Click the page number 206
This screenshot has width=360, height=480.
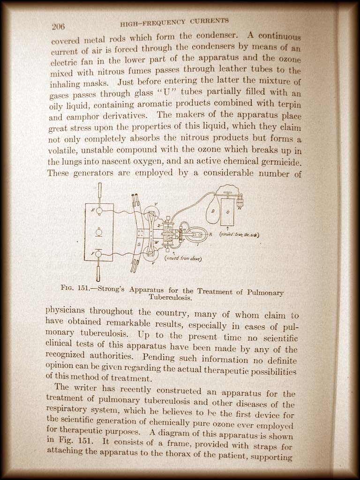(58, 26)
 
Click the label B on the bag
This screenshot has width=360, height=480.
(212, 211)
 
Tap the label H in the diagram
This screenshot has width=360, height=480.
(93, 210)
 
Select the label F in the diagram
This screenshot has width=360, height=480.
(93, 254)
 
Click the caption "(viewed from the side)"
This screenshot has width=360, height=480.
(240, 234)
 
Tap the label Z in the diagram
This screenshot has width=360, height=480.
(159, 225)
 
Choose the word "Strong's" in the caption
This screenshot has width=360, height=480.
(111, 289)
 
